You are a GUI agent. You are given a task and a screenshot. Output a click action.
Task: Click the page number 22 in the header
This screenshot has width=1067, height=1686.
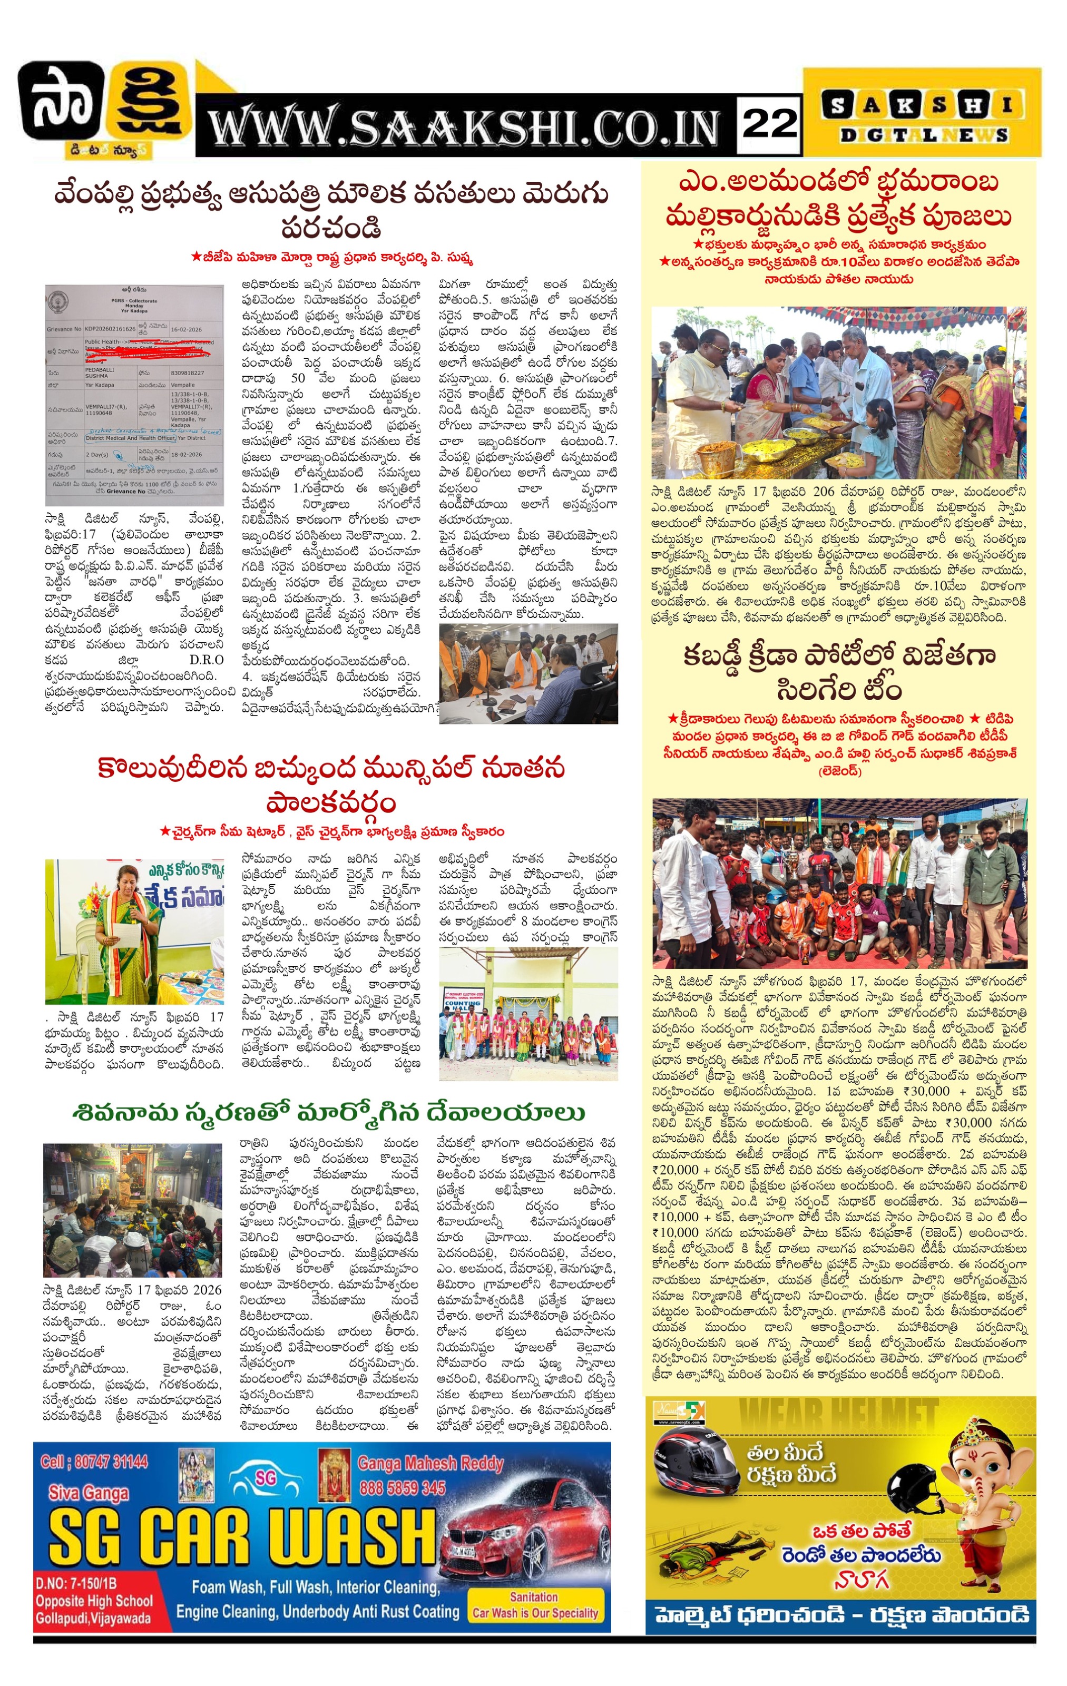pos(769,124)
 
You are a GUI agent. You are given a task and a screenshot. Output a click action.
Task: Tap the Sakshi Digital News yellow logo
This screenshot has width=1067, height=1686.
pos(920,120)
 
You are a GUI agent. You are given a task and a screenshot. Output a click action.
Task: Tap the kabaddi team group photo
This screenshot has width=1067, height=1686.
pos(839,883)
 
